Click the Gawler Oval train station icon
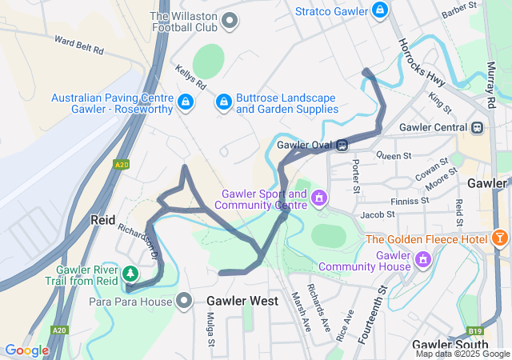[x=342, y=145]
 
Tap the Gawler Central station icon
[x=478, y=127]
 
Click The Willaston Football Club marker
[x=230, y=20]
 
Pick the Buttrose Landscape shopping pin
[x=223, y=102]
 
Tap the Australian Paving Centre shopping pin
[x=186, y=102]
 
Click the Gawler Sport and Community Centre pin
[x=319, y=198]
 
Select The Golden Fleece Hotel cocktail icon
[x=500, y=239]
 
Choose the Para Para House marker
[x=185, y=302]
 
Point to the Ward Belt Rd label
[x=78, y=44]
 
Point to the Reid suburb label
[x=104, y=219]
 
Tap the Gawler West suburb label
[x=242, y=302]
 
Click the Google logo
[x=26, y=350]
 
